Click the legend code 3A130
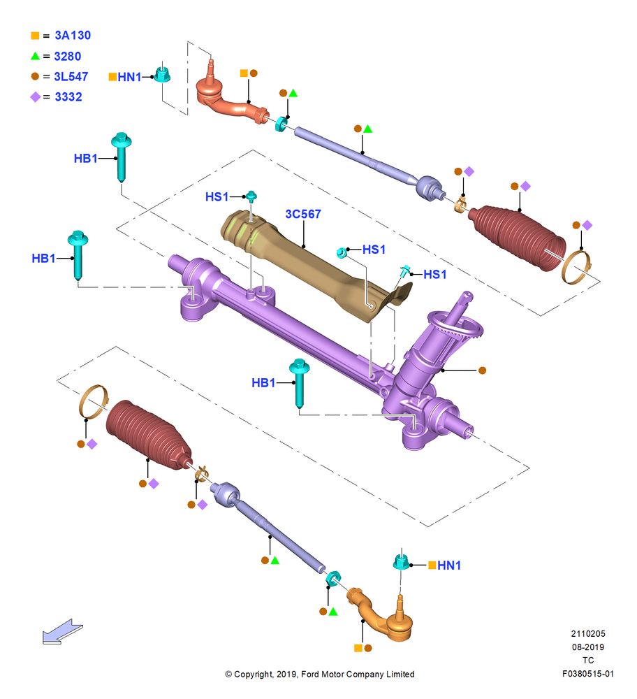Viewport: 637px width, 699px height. pos(73,35)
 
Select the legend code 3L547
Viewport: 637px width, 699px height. pos(71,77)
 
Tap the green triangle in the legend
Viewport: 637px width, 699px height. pos(35,56)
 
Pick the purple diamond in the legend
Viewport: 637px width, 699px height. pos(35,96)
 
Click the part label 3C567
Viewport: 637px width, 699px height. pos(303,214)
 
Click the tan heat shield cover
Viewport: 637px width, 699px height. pos(312,263)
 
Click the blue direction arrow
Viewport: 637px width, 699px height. pos(62,632)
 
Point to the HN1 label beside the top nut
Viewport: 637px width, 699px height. pos(129,77)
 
